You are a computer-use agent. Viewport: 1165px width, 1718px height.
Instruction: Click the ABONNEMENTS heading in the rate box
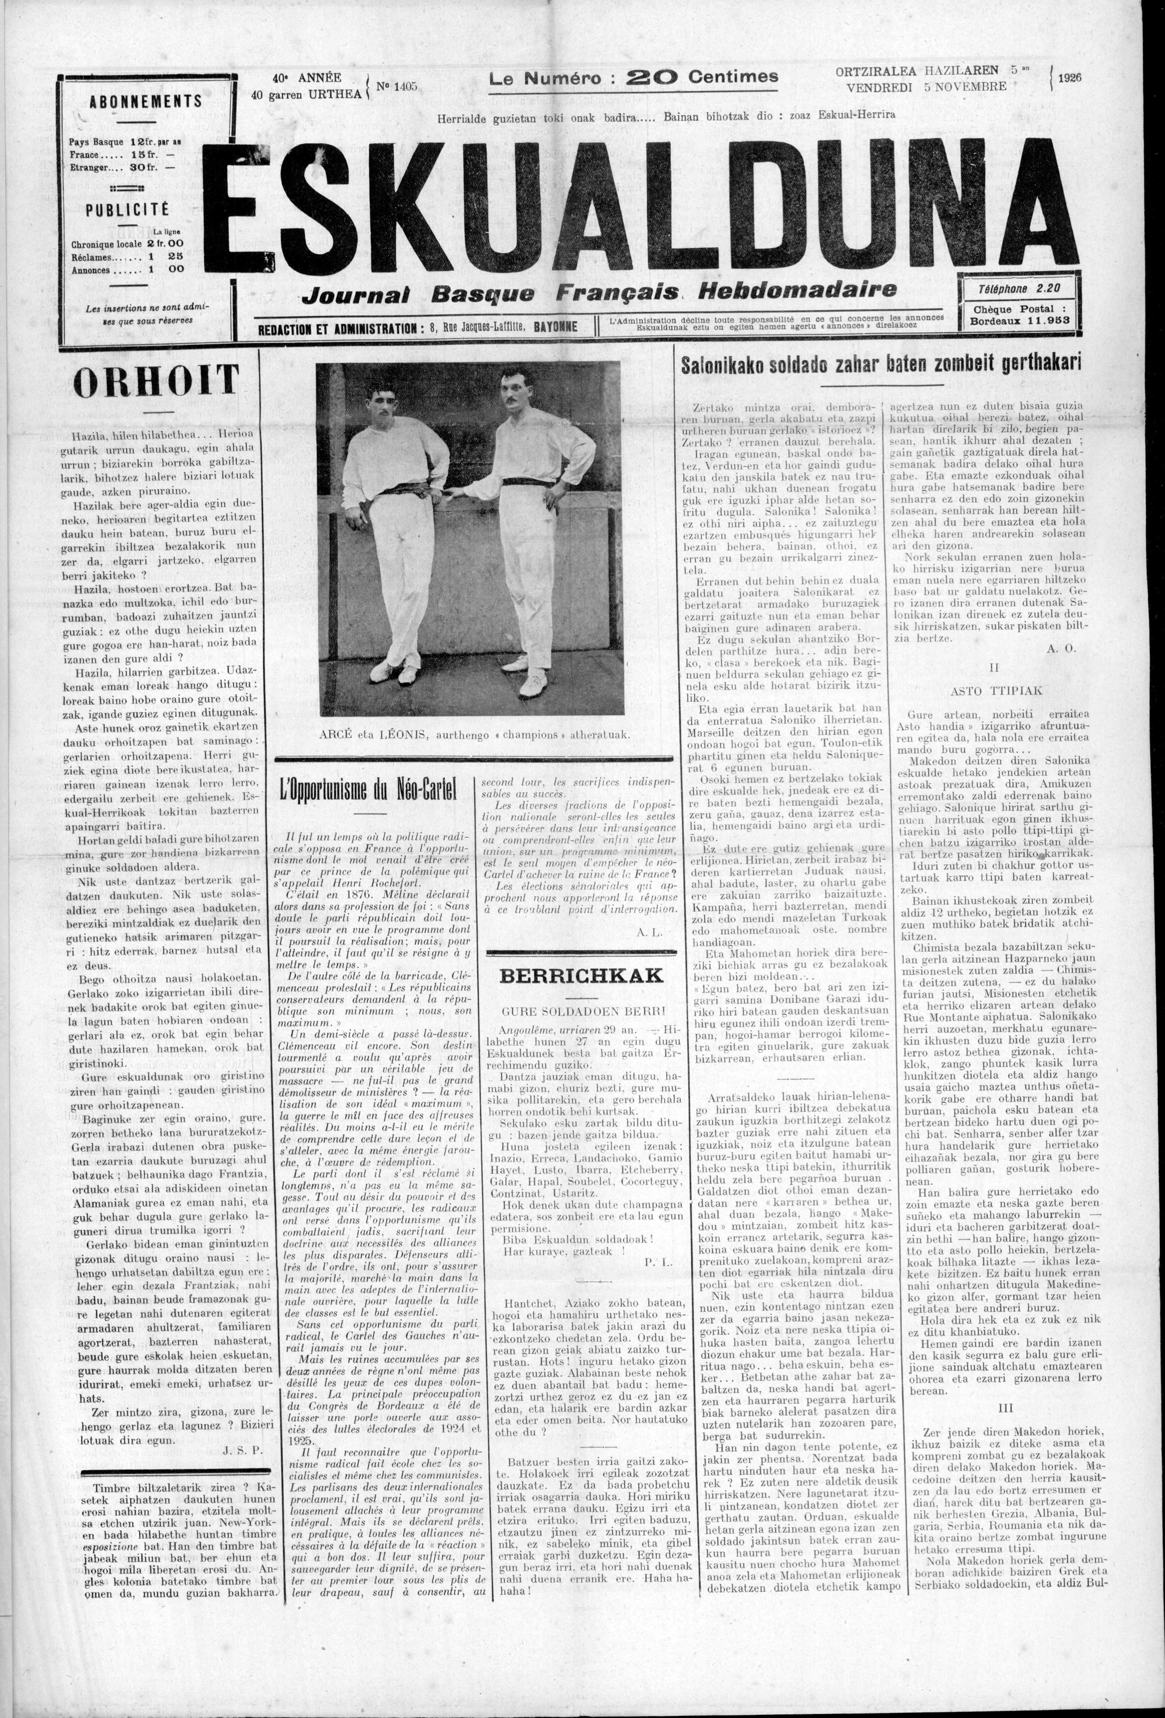click(x=145, y=101)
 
